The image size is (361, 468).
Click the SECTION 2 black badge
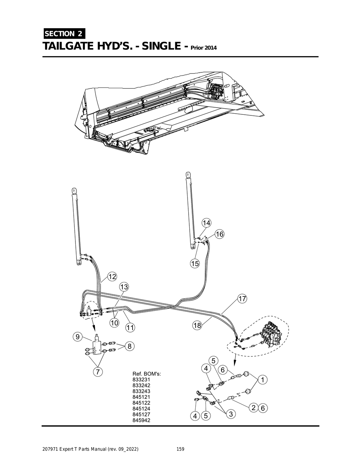click(64, 34)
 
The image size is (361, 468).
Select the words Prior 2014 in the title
click(204, 48)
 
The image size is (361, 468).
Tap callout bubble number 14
click(206, 223)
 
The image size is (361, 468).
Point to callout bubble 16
click(219, 234)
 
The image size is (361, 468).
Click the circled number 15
click(195, 263)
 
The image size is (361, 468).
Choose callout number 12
click(112, 277)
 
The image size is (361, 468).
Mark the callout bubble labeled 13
click(124, 287)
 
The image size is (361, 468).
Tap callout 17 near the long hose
click(242, 299)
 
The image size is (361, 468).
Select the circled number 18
click(197, 325)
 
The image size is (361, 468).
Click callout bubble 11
click(130, 328)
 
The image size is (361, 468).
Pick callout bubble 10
click(114, 323)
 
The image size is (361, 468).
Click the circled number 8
click(129, 346)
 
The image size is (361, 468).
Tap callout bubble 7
click(98, 371)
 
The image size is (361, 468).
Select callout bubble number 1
click(263, 380)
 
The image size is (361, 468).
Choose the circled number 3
click(231, 414)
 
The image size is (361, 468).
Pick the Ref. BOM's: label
click(147, 374)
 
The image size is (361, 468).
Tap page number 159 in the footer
click(180, 449)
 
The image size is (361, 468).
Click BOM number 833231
click(141, 380)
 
